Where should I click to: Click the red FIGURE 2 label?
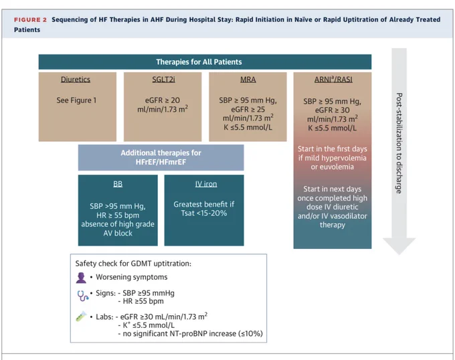pos(30,19)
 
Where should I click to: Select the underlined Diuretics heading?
pos(76,80)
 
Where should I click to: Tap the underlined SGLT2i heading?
pos(164,80)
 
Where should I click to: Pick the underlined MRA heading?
pos(248,80)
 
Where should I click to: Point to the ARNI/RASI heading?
pos(333,80)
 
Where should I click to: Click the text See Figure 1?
pos(76,100)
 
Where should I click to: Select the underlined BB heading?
pos(118,184)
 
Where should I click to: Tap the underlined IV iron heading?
pos(206,184)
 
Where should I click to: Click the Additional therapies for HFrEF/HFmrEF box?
pos(161,157)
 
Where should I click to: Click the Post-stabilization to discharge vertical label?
pos(399,143)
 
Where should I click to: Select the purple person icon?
pos(81,278)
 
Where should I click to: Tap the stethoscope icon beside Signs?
pos(82,296)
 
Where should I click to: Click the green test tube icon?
pos(81,317)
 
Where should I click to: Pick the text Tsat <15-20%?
pos(204,213)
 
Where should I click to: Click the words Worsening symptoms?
pos(132,277)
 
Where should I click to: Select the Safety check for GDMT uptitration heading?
pos(133,264)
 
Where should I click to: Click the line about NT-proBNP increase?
pos(190,334)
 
